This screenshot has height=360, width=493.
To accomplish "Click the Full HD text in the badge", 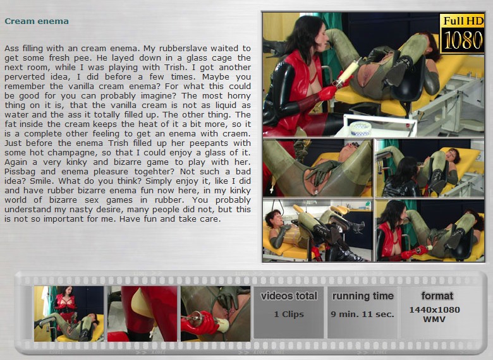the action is (x=463, y=21).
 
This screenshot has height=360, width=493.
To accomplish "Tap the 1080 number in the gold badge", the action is (x=463, y=40).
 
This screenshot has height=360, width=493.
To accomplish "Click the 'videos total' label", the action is (x=289, y=296).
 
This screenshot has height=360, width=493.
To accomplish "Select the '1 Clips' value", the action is (x=289, y=314).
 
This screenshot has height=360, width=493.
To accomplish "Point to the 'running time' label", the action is (x=363, y=296).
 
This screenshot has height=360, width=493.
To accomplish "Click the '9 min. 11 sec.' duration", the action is (x=363, y=314).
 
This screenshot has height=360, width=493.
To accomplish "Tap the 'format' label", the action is (x=437, y=296).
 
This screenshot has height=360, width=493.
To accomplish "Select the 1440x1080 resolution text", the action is (x=434, y=310).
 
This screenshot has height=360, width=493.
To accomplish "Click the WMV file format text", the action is (x=434, y=320).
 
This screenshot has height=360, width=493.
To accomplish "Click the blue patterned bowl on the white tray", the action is (x=360, y=128).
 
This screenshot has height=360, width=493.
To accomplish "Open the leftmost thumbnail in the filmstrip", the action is (x=69, y=313).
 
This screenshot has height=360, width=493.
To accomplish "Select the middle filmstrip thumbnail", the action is (x=142, y=313).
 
